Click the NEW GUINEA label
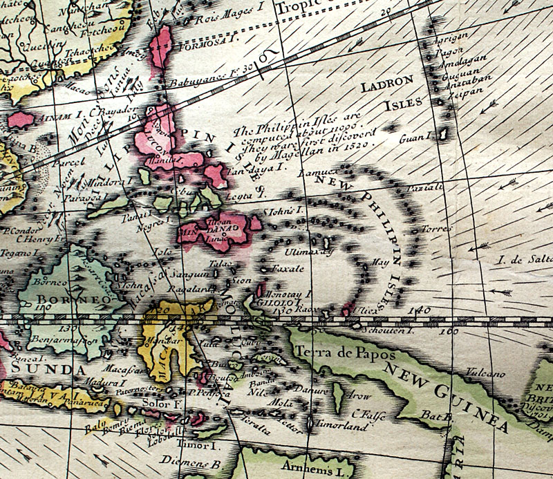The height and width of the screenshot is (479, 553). (443, 401)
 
